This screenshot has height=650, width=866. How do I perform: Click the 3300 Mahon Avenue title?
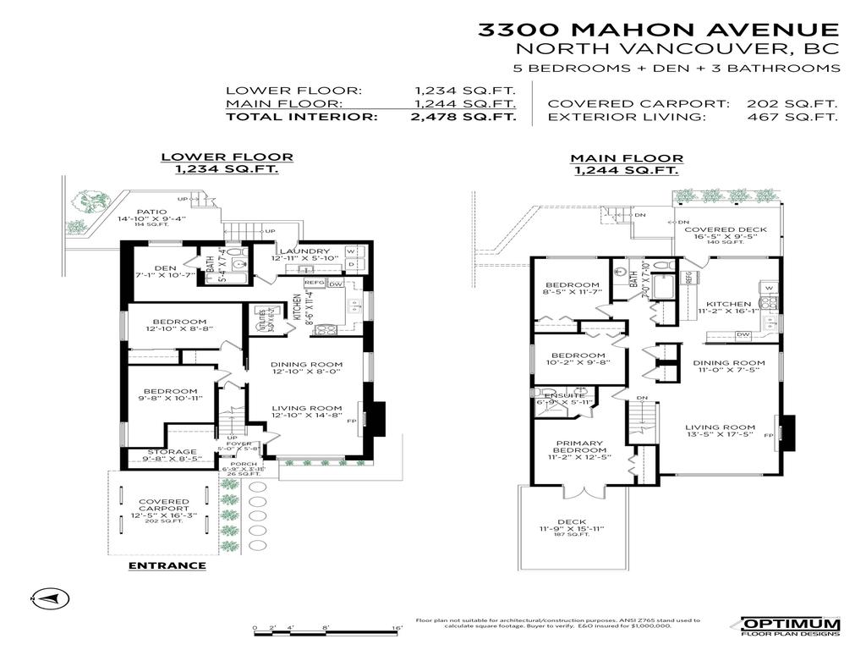[x=659, y=30]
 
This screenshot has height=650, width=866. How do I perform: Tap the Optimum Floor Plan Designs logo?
[x=792, y=626]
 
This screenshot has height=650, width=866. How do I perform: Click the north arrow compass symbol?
[x=45, y=598]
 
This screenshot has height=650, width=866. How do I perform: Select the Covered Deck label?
[x=725, y=229]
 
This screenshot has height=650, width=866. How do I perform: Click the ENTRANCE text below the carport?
[x=167, y=565]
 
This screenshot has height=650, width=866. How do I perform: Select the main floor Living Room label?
[x=719, y=427]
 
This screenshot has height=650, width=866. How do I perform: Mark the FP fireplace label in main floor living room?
[x=769, y=435]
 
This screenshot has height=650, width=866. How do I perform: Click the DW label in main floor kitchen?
[x=743, y=335]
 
